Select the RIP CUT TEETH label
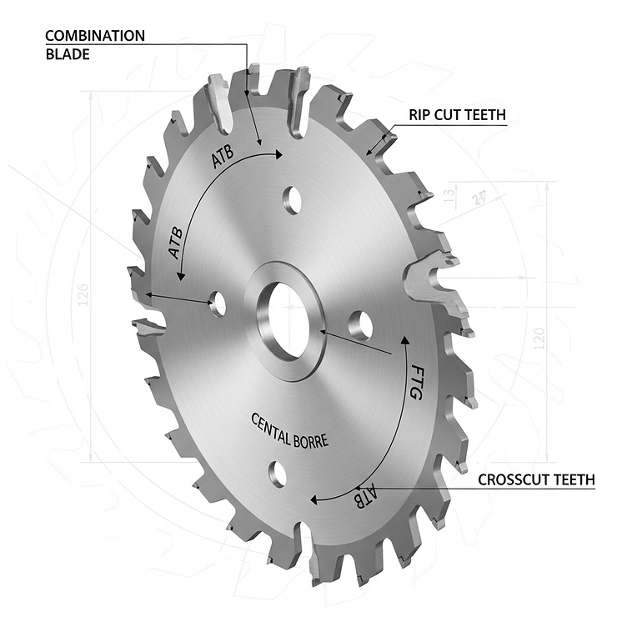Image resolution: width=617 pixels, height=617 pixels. tap(456, 115)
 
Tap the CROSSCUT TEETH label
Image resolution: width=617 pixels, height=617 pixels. tap(535, 480)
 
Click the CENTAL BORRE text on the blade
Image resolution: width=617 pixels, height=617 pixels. tap(289, 430)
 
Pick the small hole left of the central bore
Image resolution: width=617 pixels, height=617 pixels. tap(218, 303)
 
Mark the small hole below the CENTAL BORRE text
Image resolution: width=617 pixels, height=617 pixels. tap(278, 473)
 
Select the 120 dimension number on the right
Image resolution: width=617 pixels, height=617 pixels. tap(539, 339)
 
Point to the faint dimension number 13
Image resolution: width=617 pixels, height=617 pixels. tap(451, 196)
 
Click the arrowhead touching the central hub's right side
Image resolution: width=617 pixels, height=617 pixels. tap(321, 333)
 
